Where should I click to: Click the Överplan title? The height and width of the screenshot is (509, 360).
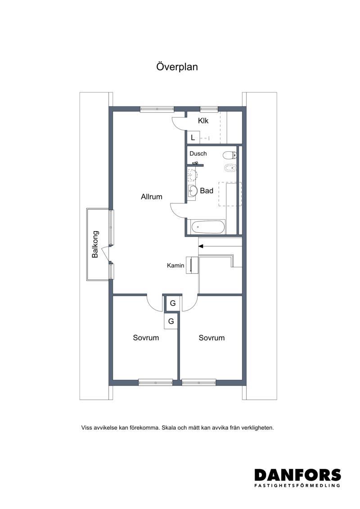(177, 67)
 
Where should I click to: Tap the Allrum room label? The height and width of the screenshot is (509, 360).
(152, 197)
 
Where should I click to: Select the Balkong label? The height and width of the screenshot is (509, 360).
(95, 244)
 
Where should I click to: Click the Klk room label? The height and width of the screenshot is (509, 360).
(203, 121)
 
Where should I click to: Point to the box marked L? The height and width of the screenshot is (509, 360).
(193, 138)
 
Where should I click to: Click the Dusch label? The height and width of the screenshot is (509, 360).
(198, 153)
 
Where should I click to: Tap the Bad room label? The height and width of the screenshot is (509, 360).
(207, 190)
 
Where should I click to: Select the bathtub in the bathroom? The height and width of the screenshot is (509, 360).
(208, 227)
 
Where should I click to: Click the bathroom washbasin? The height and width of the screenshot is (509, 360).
(193, 191)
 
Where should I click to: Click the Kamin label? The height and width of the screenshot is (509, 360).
(175, 266)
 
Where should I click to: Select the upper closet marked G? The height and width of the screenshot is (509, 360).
(173, 303)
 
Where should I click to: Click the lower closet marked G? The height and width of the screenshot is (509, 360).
(171, 321)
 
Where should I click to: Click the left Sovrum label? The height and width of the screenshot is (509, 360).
(146, 338)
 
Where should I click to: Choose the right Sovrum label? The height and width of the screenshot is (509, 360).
(211, 338)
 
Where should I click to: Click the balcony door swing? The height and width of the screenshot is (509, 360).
(104, 253)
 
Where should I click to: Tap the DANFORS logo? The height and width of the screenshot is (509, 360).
(297, 478)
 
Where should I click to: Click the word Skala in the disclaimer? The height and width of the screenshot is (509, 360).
(168, 428)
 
